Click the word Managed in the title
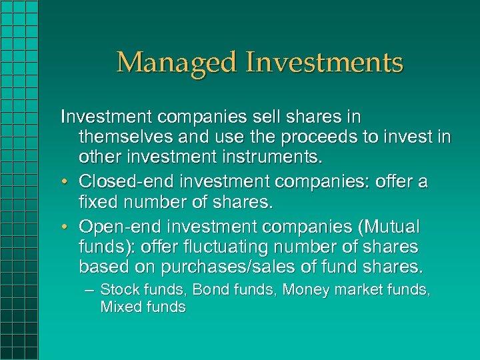coord(177,63)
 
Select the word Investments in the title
coord(325,63)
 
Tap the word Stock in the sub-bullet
coord(119,290)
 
